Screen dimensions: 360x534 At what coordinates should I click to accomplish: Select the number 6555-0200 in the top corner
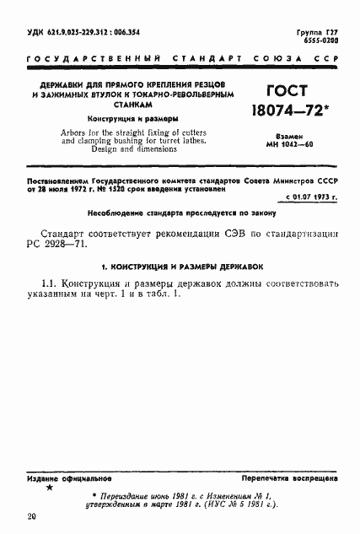[320, 40]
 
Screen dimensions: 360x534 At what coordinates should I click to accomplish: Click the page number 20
[31, 515]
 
